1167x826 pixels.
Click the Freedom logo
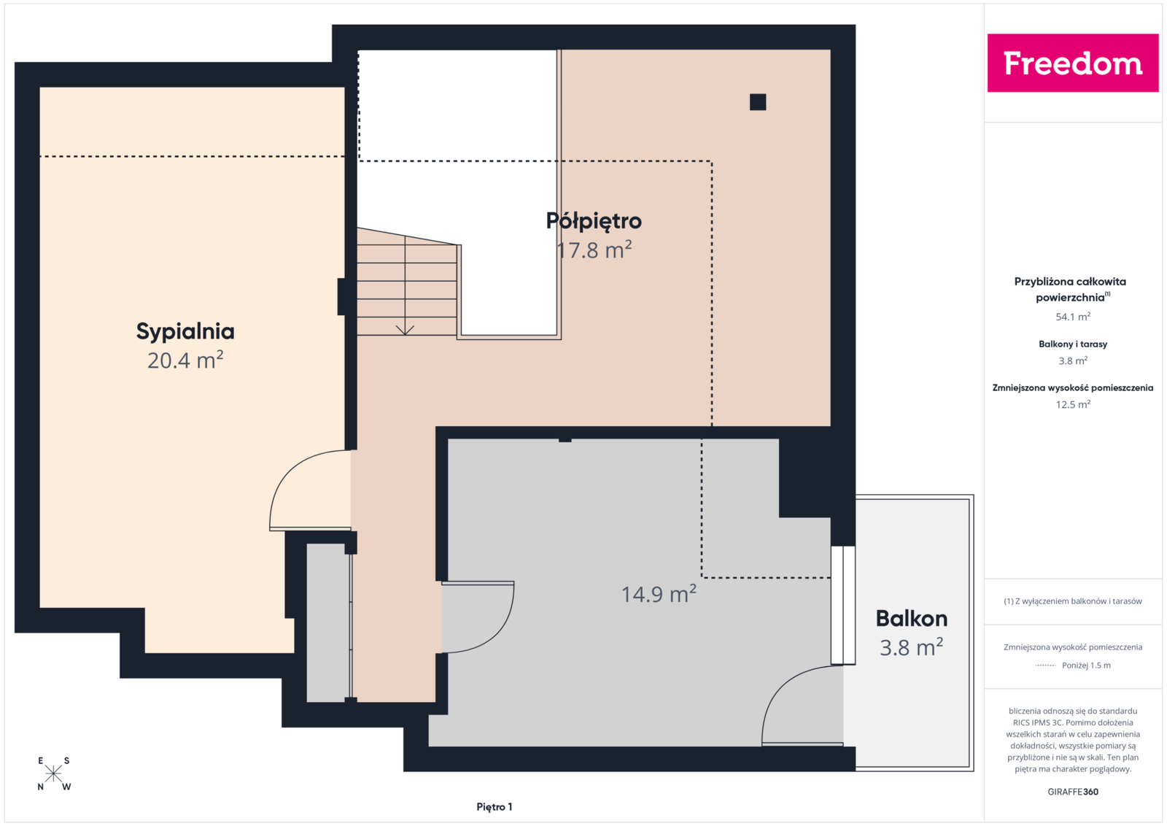coord(1073,63)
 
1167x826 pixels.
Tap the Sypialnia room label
coord(185,332)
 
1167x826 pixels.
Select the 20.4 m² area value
coord(185,360)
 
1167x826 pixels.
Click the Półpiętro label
coord(594,221)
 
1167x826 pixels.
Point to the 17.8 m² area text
coord(594,250)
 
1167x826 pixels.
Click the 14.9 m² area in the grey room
coord(659,593)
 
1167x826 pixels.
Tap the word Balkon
coord(911,619)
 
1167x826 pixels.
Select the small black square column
coord(758,102)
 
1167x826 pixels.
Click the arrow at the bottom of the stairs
coord(405,330)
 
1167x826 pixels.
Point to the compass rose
coord(54,773)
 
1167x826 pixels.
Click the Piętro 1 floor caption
coord(494,807)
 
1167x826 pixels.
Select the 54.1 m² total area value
coord(1073,317)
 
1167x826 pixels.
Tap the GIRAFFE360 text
coord(1073,792)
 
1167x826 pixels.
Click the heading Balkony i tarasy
coord(1073,344)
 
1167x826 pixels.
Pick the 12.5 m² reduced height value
coord(1073,404)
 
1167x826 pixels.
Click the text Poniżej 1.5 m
coord(1086,665)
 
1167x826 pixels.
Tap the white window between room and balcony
coord(842,605)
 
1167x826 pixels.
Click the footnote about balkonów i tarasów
coord(1073,601)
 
